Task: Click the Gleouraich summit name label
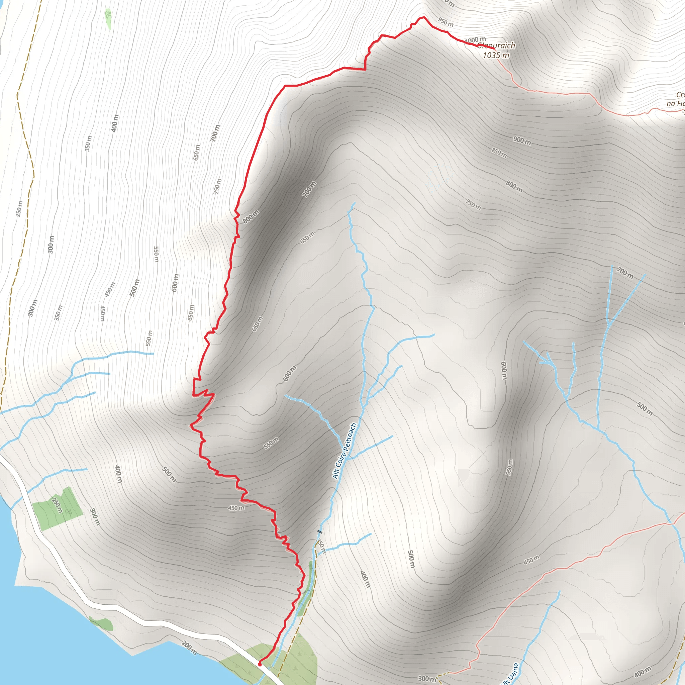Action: pyautogui.click(x=496, y=45)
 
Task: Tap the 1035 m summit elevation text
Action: pyautogui.click(x=496, y=55)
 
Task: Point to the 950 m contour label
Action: pyautogui.click(x=446, y=22)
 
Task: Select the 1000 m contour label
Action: pyautogui.click(x=475, y=40)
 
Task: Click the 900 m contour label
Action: pyautogui.click(x=522, y=140)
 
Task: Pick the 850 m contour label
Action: pyautogui.click(x=499, y=153)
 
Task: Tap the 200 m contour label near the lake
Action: pyautogui.click(x=189, y=648)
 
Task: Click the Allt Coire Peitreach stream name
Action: pyautogui.click(x=344, y=451)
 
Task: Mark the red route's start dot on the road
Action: pyautogui.click(x=260, y=664)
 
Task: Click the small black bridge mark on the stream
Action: pyautogui.click(x=320, y=532)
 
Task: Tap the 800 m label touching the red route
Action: pyautogui.click(x=251, y=217)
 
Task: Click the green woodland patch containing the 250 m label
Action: pyautogui.click(x=58, y=508)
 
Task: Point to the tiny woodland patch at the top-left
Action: pyautogui.click(x=108, y=19)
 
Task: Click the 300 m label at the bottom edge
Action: pyautogui.click(x=427, y=679)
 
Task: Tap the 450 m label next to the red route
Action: pyautogui.click(x=236, y=508)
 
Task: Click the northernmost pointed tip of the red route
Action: pyautogui.click(x=423, y=17)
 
